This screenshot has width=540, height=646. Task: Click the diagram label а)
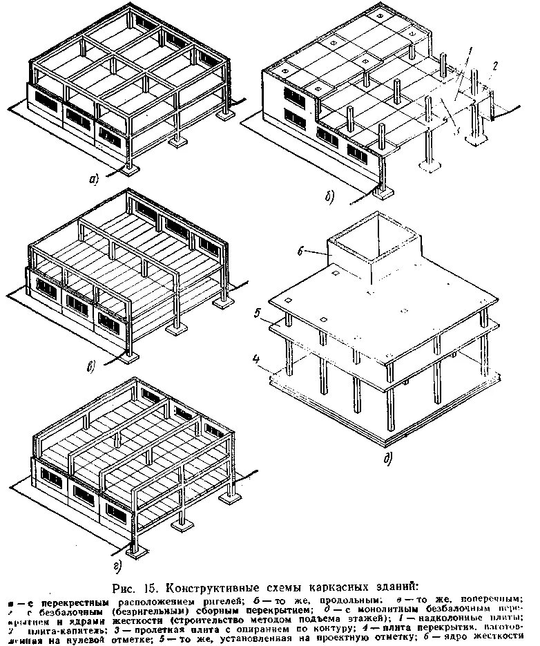tap(95, 180)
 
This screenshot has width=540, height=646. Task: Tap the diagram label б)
tap(329, 199)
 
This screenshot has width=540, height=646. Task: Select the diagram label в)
tap(92, 366)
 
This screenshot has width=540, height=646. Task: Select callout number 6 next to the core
tap(302, 252)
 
